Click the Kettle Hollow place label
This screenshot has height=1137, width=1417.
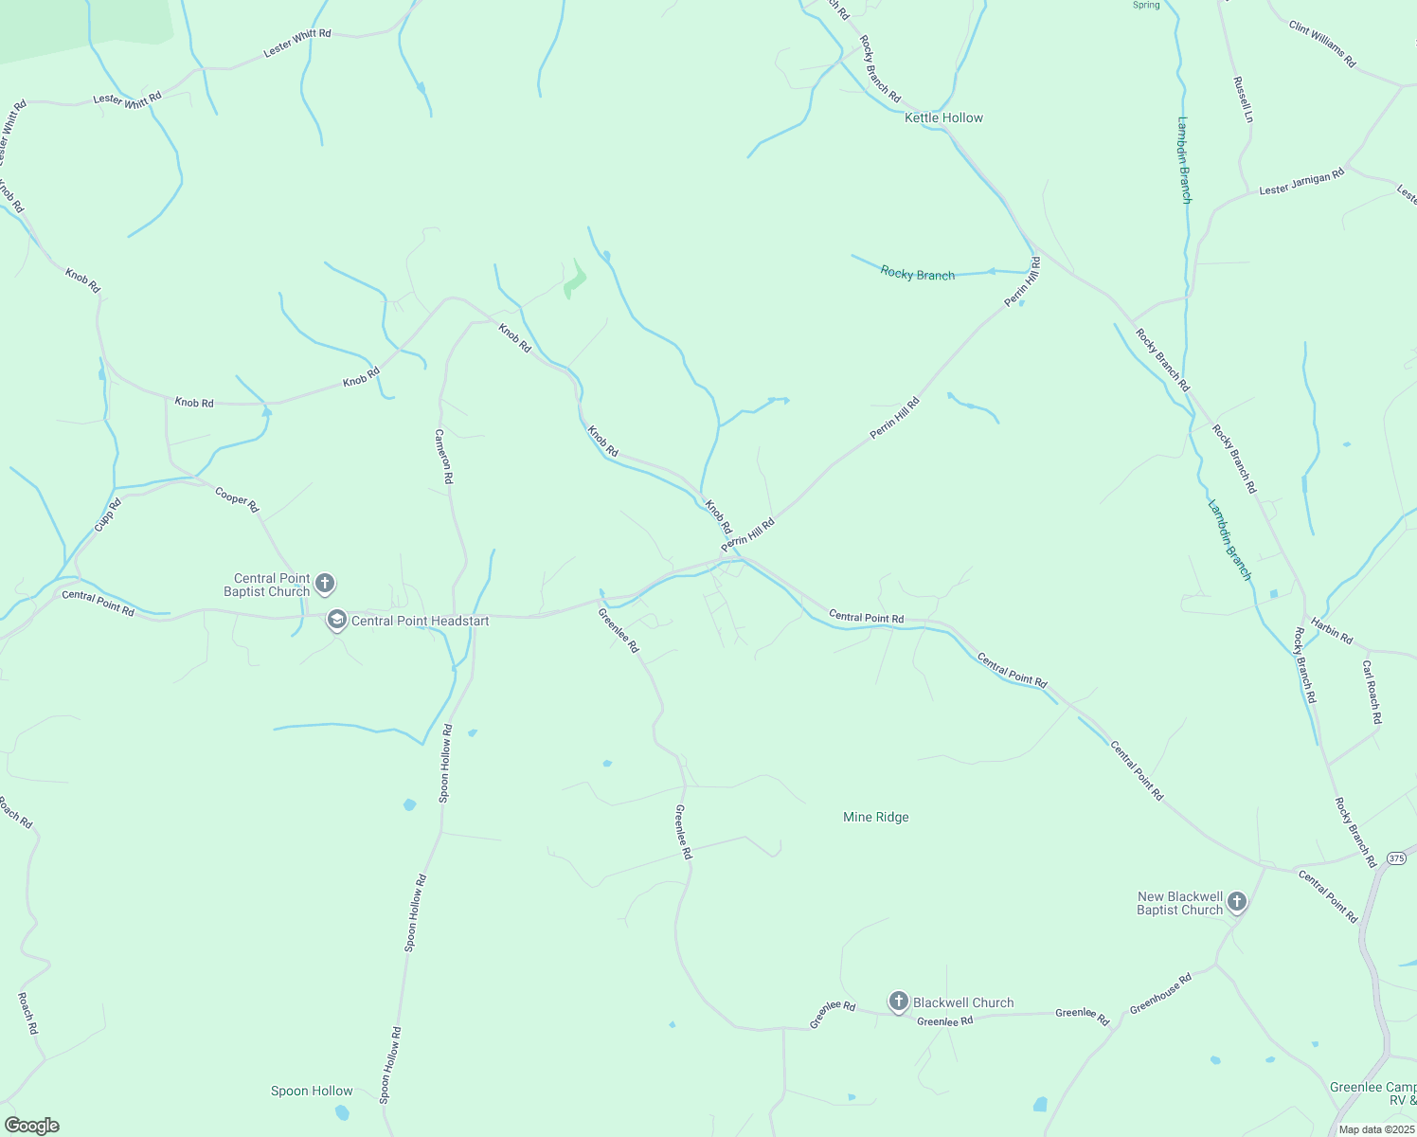click(943, 117)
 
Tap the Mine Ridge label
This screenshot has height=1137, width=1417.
click(875, 817)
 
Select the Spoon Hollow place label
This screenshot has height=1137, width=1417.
click(312, 1091)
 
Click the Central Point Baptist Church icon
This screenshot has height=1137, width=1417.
click(325, 584)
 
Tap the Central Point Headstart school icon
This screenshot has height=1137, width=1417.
click(336, 621)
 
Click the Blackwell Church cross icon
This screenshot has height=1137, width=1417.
click(899, 1002)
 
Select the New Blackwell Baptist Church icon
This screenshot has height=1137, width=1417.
click(1237, 902)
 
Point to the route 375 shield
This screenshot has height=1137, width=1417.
click(1396, 857)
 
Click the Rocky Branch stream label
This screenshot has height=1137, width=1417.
click(917, 274)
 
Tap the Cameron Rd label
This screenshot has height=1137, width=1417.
click(443, 457)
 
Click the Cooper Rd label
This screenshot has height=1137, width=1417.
click(237, 499)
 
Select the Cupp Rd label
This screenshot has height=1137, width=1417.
click(108, 515)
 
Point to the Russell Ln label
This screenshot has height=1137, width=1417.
click(1243, 99)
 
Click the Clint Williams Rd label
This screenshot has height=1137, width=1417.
click(1322, 45)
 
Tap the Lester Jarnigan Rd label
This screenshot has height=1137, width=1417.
click(1301, 182)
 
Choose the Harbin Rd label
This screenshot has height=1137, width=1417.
click(1333, 631)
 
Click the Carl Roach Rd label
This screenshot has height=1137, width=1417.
click(1371, 693)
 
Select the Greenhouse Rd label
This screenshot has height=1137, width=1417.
click(1160, 994)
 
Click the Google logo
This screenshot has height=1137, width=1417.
click(31, 1126)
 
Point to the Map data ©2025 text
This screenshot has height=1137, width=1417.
click(1375, 1129)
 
